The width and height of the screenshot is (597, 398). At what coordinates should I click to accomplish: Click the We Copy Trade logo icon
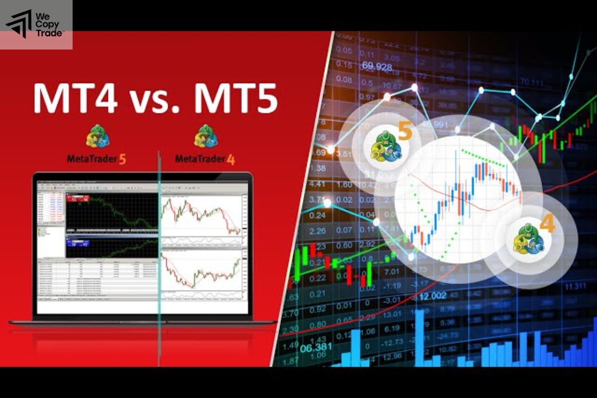click(x=18, y=23)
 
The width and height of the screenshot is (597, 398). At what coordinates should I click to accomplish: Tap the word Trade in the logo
click(x=49, y=33)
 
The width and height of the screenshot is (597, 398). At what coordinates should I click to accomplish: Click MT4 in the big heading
click(x=75, y=99)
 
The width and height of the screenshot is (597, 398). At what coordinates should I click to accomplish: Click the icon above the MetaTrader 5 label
click(x=98, y=136)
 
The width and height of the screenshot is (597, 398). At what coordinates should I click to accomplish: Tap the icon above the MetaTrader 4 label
click(x=205, y=136)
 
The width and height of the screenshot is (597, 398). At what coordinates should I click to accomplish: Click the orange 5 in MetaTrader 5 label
click(x=122, y=159)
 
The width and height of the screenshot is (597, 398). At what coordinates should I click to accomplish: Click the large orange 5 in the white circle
click(x=405, y=132)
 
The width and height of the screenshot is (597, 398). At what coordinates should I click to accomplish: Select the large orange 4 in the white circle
click(x=547, y=224)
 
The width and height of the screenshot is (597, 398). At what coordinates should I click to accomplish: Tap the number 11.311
click(x=575, y=286)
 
